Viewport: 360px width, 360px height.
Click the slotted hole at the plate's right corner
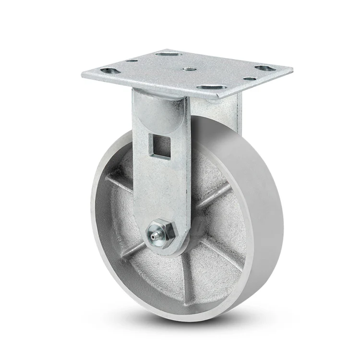click(264, 68)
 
